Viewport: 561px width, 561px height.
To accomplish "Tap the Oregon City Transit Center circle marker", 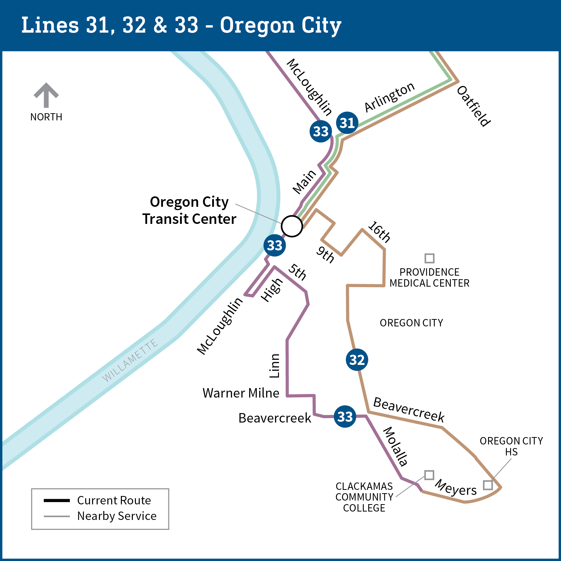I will pos(292,226).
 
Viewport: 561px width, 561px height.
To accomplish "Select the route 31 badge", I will pos(347,123).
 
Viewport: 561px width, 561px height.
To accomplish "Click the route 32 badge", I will pos(357,360).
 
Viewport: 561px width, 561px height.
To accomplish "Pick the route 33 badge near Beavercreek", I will pos(345,416).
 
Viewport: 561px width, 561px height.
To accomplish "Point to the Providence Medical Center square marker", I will pos(429,258).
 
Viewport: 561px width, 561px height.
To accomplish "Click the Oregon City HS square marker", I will pos(488,485).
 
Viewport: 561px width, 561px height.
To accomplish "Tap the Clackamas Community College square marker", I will pos(429,475).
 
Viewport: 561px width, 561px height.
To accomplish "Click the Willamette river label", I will pos(130,360).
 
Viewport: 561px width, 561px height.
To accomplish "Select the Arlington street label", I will pos(389,97).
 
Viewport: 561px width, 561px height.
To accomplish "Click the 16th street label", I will pos(379,232).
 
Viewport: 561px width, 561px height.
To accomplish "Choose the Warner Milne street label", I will pos(241,393).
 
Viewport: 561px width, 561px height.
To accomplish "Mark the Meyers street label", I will pos(456,488).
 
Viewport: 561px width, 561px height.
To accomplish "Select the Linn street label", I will pos(274,366).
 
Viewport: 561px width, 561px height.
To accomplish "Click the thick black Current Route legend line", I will pos(57,500).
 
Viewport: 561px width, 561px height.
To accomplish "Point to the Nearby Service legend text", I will pos(117,516).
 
